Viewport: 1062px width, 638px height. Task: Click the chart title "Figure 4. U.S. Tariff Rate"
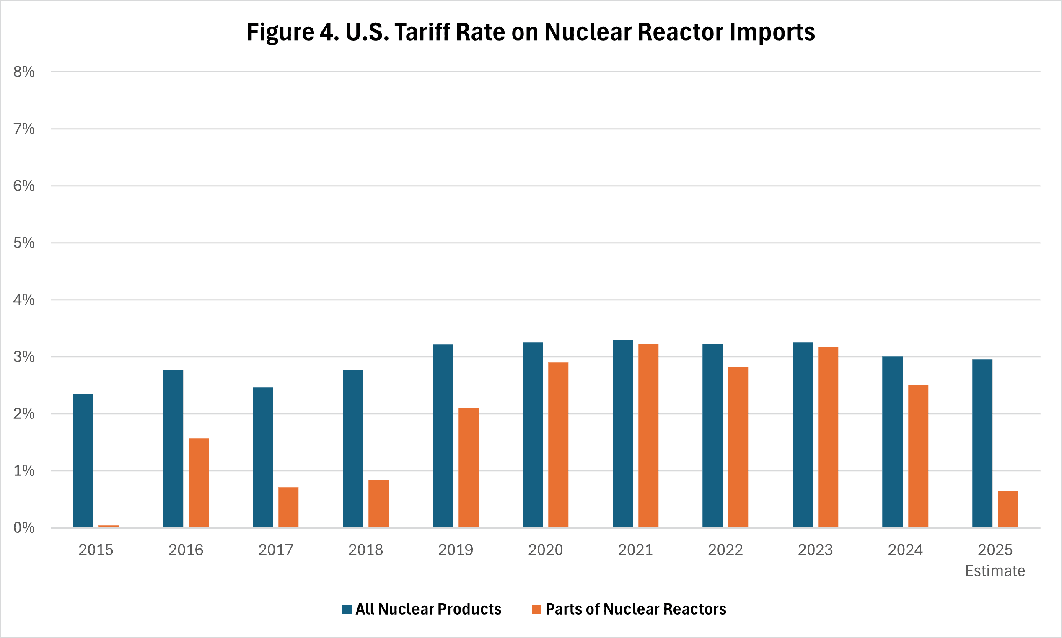coord(530,32)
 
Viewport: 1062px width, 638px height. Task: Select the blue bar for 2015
coord(83,460)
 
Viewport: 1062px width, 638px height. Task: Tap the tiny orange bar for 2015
coord(109,526)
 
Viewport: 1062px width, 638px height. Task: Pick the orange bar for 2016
coord(199,483)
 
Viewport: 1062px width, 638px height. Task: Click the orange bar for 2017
coord(288,507)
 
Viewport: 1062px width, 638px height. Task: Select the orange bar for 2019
coord(469,468)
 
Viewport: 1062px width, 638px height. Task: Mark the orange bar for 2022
coord(738,447)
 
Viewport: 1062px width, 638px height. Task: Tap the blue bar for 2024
coord(893,442)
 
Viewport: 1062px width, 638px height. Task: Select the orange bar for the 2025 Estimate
coord(1008,509)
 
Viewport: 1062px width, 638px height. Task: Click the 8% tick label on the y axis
coord(23,72)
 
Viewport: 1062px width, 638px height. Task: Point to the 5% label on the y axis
coord(23,243)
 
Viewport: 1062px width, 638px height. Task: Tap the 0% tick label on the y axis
coord(23,527)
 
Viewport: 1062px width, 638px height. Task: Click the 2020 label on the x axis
coord(545,550)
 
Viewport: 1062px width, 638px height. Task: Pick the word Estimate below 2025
coord(995,571)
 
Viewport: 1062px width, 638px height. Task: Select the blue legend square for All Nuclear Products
coord(347,609)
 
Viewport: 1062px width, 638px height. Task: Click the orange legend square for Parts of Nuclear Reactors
coord(536,609)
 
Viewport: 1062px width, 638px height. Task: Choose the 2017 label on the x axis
coord(276,550)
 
